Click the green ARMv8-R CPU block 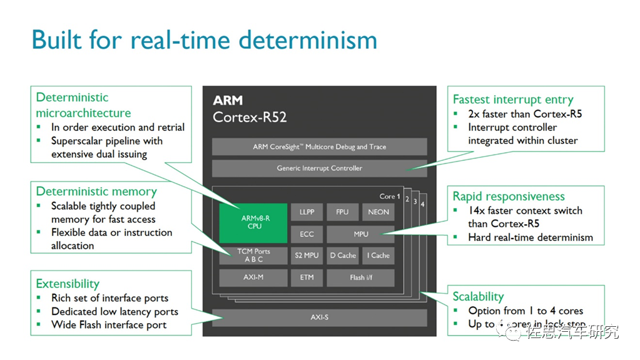253,222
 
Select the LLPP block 307,212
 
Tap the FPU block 342,212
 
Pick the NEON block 378,212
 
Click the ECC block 307,234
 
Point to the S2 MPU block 307,255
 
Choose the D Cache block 342,255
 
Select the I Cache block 378,255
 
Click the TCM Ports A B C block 253,255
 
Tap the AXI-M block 253,277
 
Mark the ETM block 307,277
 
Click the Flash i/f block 361,277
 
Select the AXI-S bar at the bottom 319,317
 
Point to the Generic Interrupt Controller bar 319,168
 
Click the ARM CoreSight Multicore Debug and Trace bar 319,147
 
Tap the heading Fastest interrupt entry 513,100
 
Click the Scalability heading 478,297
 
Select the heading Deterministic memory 96,192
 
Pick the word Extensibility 68,284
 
